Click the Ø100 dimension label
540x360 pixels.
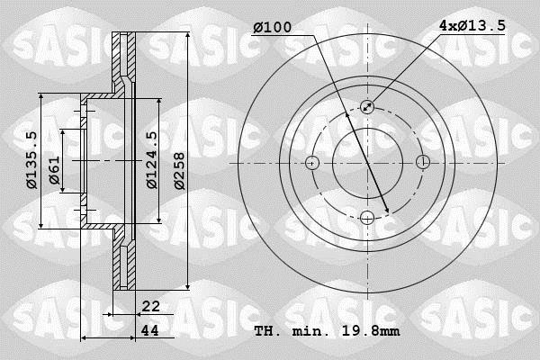272,28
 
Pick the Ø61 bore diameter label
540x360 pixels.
54,170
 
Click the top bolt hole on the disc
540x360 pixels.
367,107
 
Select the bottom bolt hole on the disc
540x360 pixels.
367,217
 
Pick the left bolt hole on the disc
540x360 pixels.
312,163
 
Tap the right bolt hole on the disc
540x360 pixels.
423,163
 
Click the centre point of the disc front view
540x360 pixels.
367,163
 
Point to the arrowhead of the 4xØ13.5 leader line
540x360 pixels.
371,104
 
